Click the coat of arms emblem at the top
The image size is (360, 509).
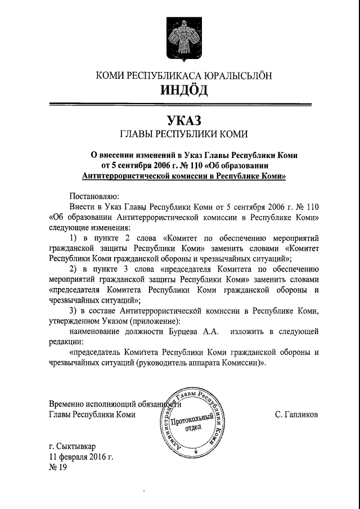(180, 39)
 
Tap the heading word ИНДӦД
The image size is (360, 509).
(180, 89)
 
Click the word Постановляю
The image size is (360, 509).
(93, 196)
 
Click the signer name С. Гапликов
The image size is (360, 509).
(297, 415)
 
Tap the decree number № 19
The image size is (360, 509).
(58, 467)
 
